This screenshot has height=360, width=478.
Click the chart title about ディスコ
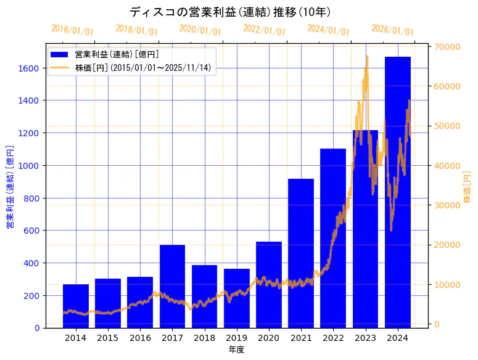coord(230,12)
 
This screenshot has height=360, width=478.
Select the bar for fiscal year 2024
coord(398,192)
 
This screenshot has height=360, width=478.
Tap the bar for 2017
coord(172,286)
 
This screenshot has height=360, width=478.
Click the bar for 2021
coord(301,253)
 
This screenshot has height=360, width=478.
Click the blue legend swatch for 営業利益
coord(60,55)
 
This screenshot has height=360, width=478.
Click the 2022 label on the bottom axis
coord(333,338)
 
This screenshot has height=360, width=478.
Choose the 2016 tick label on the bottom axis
coord(140,338)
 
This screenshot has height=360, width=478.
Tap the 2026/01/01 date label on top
coord(393,30)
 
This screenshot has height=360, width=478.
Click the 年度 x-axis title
coord(237,350)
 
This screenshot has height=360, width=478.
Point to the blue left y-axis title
coord(9,187)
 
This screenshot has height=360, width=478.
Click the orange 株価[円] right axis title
coord(468,187)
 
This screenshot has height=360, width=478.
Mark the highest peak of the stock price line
coord(368,56)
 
